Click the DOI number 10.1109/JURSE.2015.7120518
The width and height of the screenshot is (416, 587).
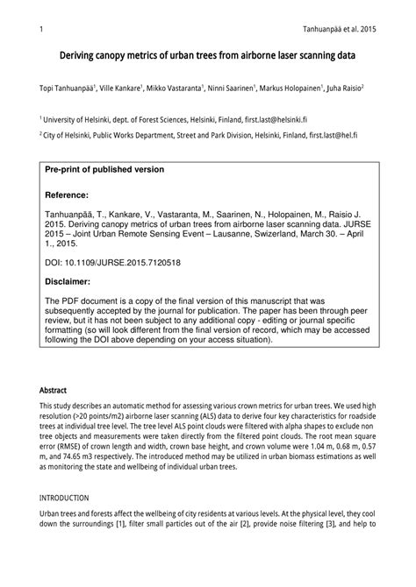click(x=127, y=261)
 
